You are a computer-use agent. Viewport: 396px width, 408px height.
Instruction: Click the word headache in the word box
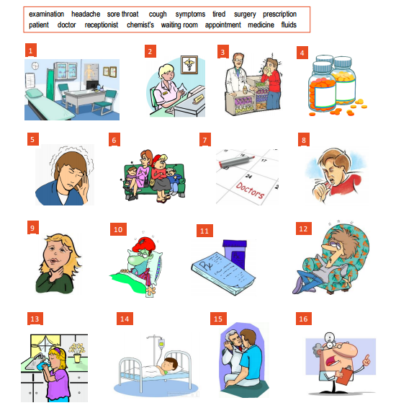(x=86, y=14)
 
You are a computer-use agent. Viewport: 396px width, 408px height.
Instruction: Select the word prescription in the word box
(x=279, y=14)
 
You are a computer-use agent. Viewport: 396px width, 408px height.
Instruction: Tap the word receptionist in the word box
(x=102, y=25)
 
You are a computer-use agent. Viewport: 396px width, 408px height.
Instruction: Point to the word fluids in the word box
(x=289, y=25)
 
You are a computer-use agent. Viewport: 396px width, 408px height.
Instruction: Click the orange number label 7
(x=205, y=140)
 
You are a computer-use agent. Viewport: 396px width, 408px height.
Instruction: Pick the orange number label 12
(x=304, y=229)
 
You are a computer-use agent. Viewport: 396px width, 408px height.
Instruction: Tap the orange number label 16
(x=304, y=319)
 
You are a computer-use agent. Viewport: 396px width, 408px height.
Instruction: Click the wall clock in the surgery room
(x=35, y=66)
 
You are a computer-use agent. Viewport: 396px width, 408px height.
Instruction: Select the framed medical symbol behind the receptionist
(x=189, y=65)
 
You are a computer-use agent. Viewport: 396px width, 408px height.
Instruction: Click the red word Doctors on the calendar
(x=250, y=190)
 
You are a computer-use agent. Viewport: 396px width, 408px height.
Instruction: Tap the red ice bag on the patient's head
(x=143, y=244)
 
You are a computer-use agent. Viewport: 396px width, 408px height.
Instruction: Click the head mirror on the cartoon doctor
(x=330, y=338)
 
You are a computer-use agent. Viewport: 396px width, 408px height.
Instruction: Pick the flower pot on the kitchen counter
(x=77, y=358)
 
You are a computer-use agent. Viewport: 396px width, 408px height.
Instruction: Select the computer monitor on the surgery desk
(x=92, y=85)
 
